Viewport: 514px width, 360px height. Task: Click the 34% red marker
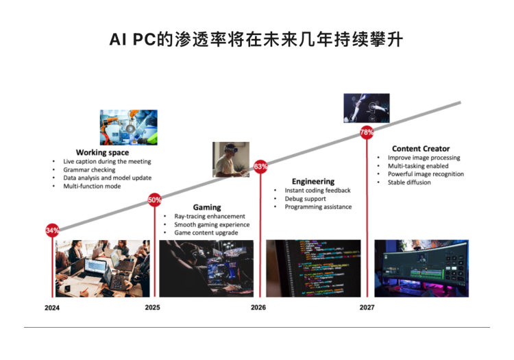tap(53, 230)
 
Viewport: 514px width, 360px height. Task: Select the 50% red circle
tap(154, 200)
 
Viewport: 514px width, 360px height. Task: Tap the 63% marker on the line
tap(260, 167)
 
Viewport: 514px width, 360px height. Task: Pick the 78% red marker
tap(367, 132)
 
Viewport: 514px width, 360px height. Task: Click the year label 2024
tap(52, 307)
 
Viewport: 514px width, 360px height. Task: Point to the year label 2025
tap(152, 307)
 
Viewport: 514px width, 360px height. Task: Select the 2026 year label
tap(258, 307)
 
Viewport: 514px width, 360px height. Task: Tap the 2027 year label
tap(367, 307)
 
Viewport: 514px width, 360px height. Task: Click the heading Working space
tap(102, 152)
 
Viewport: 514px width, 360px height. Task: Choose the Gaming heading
tap(207, 207)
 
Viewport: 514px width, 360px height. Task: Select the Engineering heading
tap(313, 181)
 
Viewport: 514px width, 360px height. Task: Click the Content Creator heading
tap(421, 149)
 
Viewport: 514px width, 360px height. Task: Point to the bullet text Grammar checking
tap(89, 169)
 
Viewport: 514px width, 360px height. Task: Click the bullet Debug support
tap(305, 199)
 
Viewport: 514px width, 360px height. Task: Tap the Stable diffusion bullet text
tap(409, 182)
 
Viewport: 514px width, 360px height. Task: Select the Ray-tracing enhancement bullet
tap(210, 217)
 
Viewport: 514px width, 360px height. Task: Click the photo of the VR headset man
tap(231, 160)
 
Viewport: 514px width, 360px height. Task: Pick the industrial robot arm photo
tap(129, 128)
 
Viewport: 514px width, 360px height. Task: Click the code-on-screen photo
tap(313, 269)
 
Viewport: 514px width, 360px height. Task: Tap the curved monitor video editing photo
tap(421, 269)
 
